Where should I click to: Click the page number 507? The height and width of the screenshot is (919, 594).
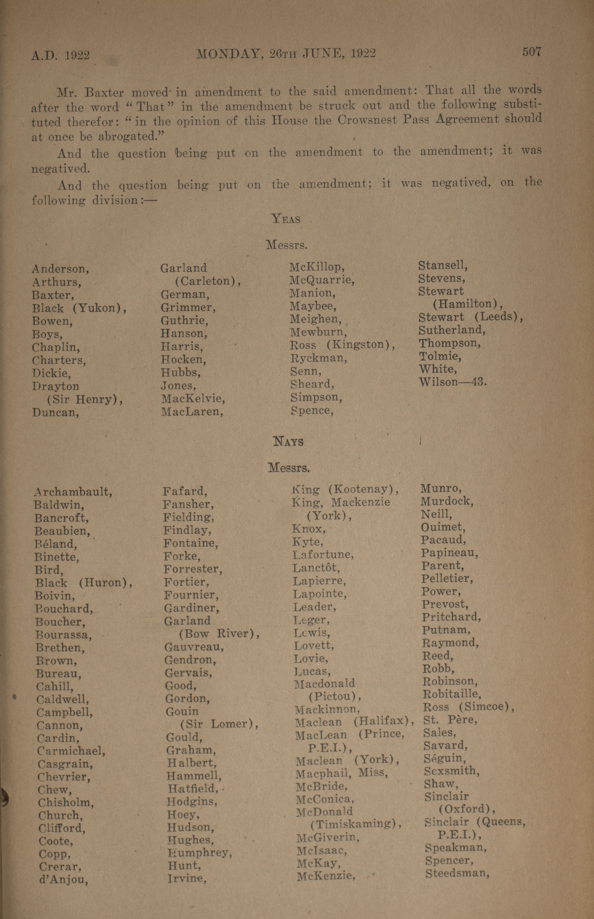[x=531, y=51]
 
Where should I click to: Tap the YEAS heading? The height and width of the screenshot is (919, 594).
[x=286, y=219]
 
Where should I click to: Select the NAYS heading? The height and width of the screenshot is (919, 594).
[x=288, y=441]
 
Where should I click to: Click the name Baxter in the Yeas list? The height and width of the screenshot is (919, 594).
[x=53, y=295]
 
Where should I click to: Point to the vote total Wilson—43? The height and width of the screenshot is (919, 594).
[x=453, y=382]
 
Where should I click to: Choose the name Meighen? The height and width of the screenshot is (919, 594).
[x=315, y=319]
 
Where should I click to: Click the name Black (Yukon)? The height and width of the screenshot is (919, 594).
[x=79, y=308]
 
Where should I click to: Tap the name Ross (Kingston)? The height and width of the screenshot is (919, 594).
[x=342, y=345]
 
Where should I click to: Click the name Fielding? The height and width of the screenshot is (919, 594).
[x=189, y=517]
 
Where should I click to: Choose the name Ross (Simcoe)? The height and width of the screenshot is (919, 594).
[x=469, y=707]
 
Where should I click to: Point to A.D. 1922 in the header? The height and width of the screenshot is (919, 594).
[x=61, y=55]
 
